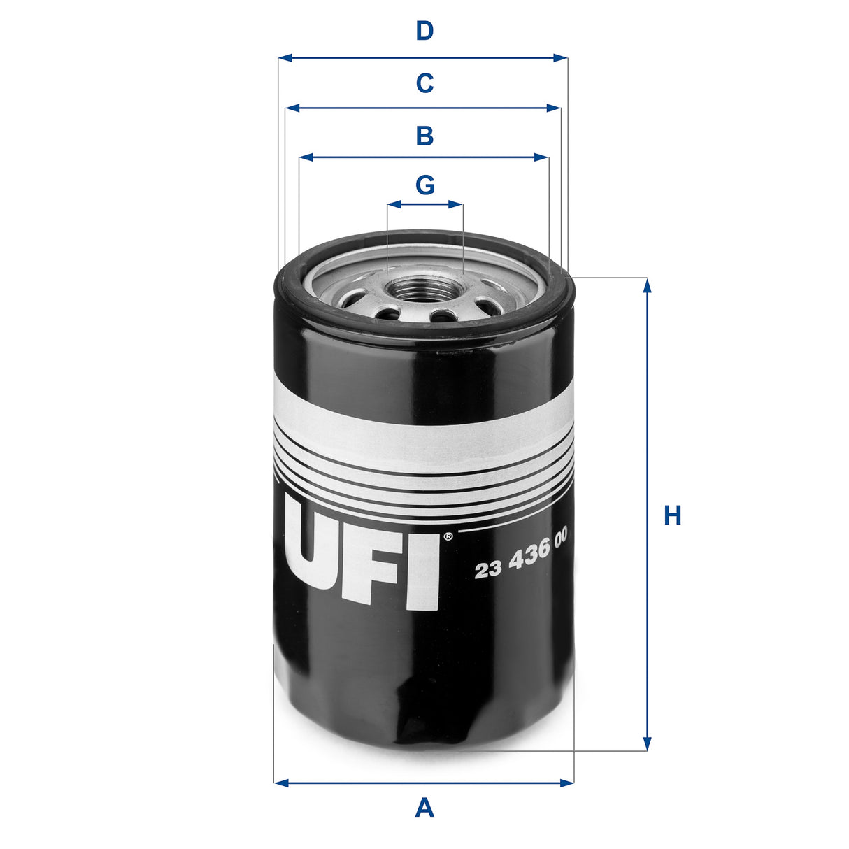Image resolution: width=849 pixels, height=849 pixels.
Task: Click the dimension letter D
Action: click(424, 31)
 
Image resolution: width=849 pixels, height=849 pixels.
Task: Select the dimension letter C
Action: click(424, 83)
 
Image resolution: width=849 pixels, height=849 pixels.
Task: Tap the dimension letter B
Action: click(424, 136)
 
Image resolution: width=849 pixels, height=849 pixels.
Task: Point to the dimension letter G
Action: click(424, 185)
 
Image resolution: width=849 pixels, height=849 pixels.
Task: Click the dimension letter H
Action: click(672, 516)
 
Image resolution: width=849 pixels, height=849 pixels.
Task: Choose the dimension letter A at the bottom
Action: click(424, 808)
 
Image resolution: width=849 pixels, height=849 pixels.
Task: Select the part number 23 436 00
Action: click(520, 559)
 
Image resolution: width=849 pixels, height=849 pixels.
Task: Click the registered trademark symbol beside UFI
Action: click(448, 537)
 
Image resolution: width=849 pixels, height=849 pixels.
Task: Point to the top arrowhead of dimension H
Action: click(647, 285)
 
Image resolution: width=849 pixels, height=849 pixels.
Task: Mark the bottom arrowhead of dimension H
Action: click(647, 744)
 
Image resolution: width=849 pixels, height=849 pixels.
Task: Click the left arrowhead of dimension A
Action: click(280, 783)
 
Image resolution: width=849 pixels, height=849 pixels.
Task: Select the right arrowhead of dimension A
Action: click(567, 783)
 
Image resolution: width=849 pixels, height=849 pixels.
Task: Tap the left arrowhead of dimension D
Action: click(284, 58)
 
